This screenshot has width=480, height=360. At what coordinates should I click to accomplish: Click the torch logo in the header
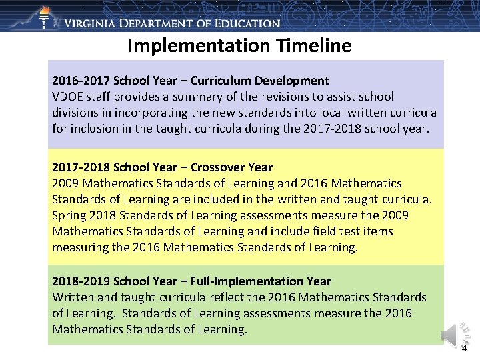45,16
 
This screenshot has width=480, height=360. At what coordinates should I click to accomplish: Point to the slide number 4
464,348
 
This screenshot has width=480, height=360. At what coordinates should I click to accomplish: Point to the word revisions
275,97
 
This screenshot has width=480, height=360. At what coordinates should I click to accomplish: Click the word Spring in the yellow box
69,215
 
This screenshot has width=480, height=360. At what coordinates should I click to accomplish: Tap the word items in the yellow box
378,231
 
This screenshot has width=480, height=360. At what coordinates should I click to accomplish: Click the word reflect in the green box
221,297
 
